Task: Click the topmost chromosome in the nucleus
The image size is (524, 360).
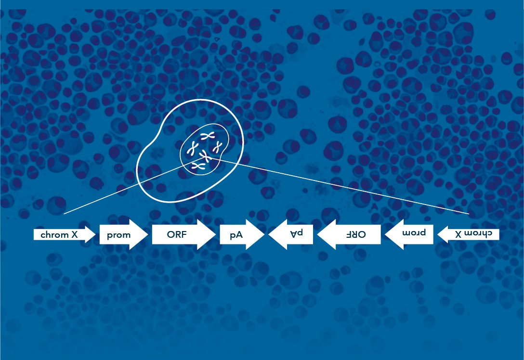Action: pos(208,136)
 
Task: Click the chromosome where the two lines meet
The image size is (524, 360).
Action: pos(207,156)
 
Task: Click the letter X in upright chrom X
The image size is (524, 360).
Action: pos(75,235)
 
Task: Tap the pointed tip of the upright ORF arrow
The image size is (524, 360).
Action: pos(215,235)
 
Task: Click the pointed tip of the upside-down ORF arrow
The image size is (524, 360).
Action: pos(318,235)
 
